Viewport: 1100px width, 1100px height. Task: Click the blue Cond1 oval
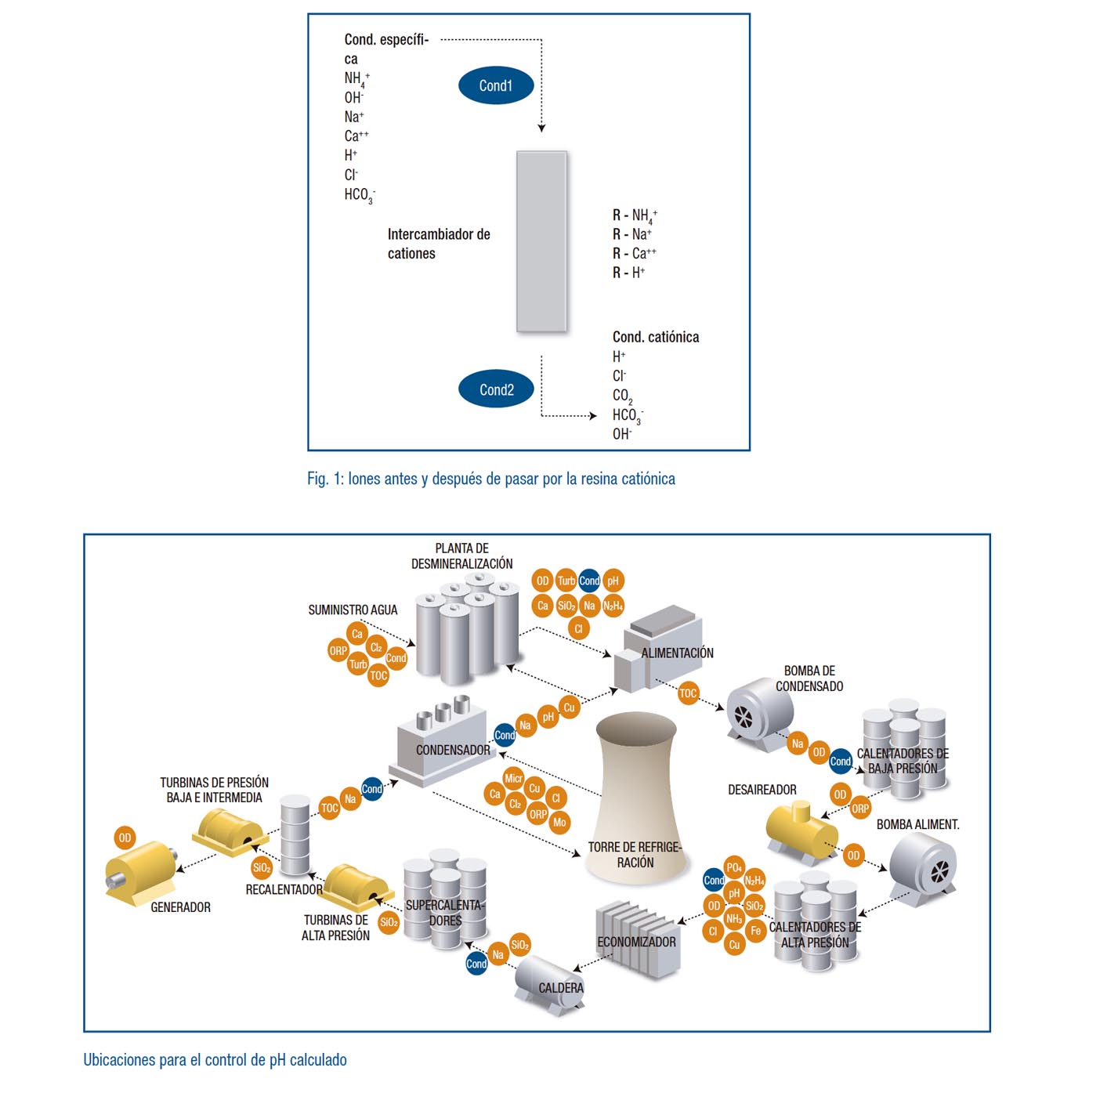[495, 85]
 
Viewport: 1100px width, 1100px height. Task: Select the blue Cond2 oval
[496, 389]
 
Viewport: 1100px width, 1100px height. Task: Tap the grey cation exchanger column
[541, 242]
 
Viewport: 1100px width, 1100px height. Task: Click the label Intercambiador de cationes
[438, 244]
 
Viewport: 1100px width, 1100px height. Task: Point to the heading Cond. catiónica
[656, 337]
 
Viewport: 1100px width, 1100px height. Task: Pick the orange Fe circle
[755, 931]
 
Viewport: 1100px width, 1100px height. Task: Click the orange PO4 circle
[734, 867]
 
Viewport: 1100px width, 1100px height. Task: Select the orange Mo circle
[559, 823]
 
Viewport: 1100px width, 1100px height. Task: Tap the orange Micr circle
[513, 778]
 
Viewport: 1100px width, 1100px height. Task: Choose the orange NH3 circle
[734, 918]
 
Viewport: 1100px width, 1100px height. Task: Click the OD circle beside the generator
[125, 838]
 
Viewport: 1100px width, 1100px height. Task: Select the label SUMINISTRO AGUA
[353, 610]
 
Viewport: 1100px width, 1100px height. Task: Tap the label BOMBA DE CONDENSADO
[809, 678]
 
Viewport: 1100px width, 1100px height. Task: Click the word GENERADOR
[180, 907]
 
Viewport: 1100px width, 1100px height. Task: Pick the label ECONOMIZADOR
[636, 942]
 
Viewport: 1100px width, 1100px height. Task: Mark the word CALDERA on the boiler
[561, 988]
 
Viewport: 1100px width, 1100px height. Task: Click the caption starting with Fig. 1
[490, 479]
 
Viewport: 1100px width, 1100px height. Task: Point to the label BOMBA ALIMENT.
[917, 824]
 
